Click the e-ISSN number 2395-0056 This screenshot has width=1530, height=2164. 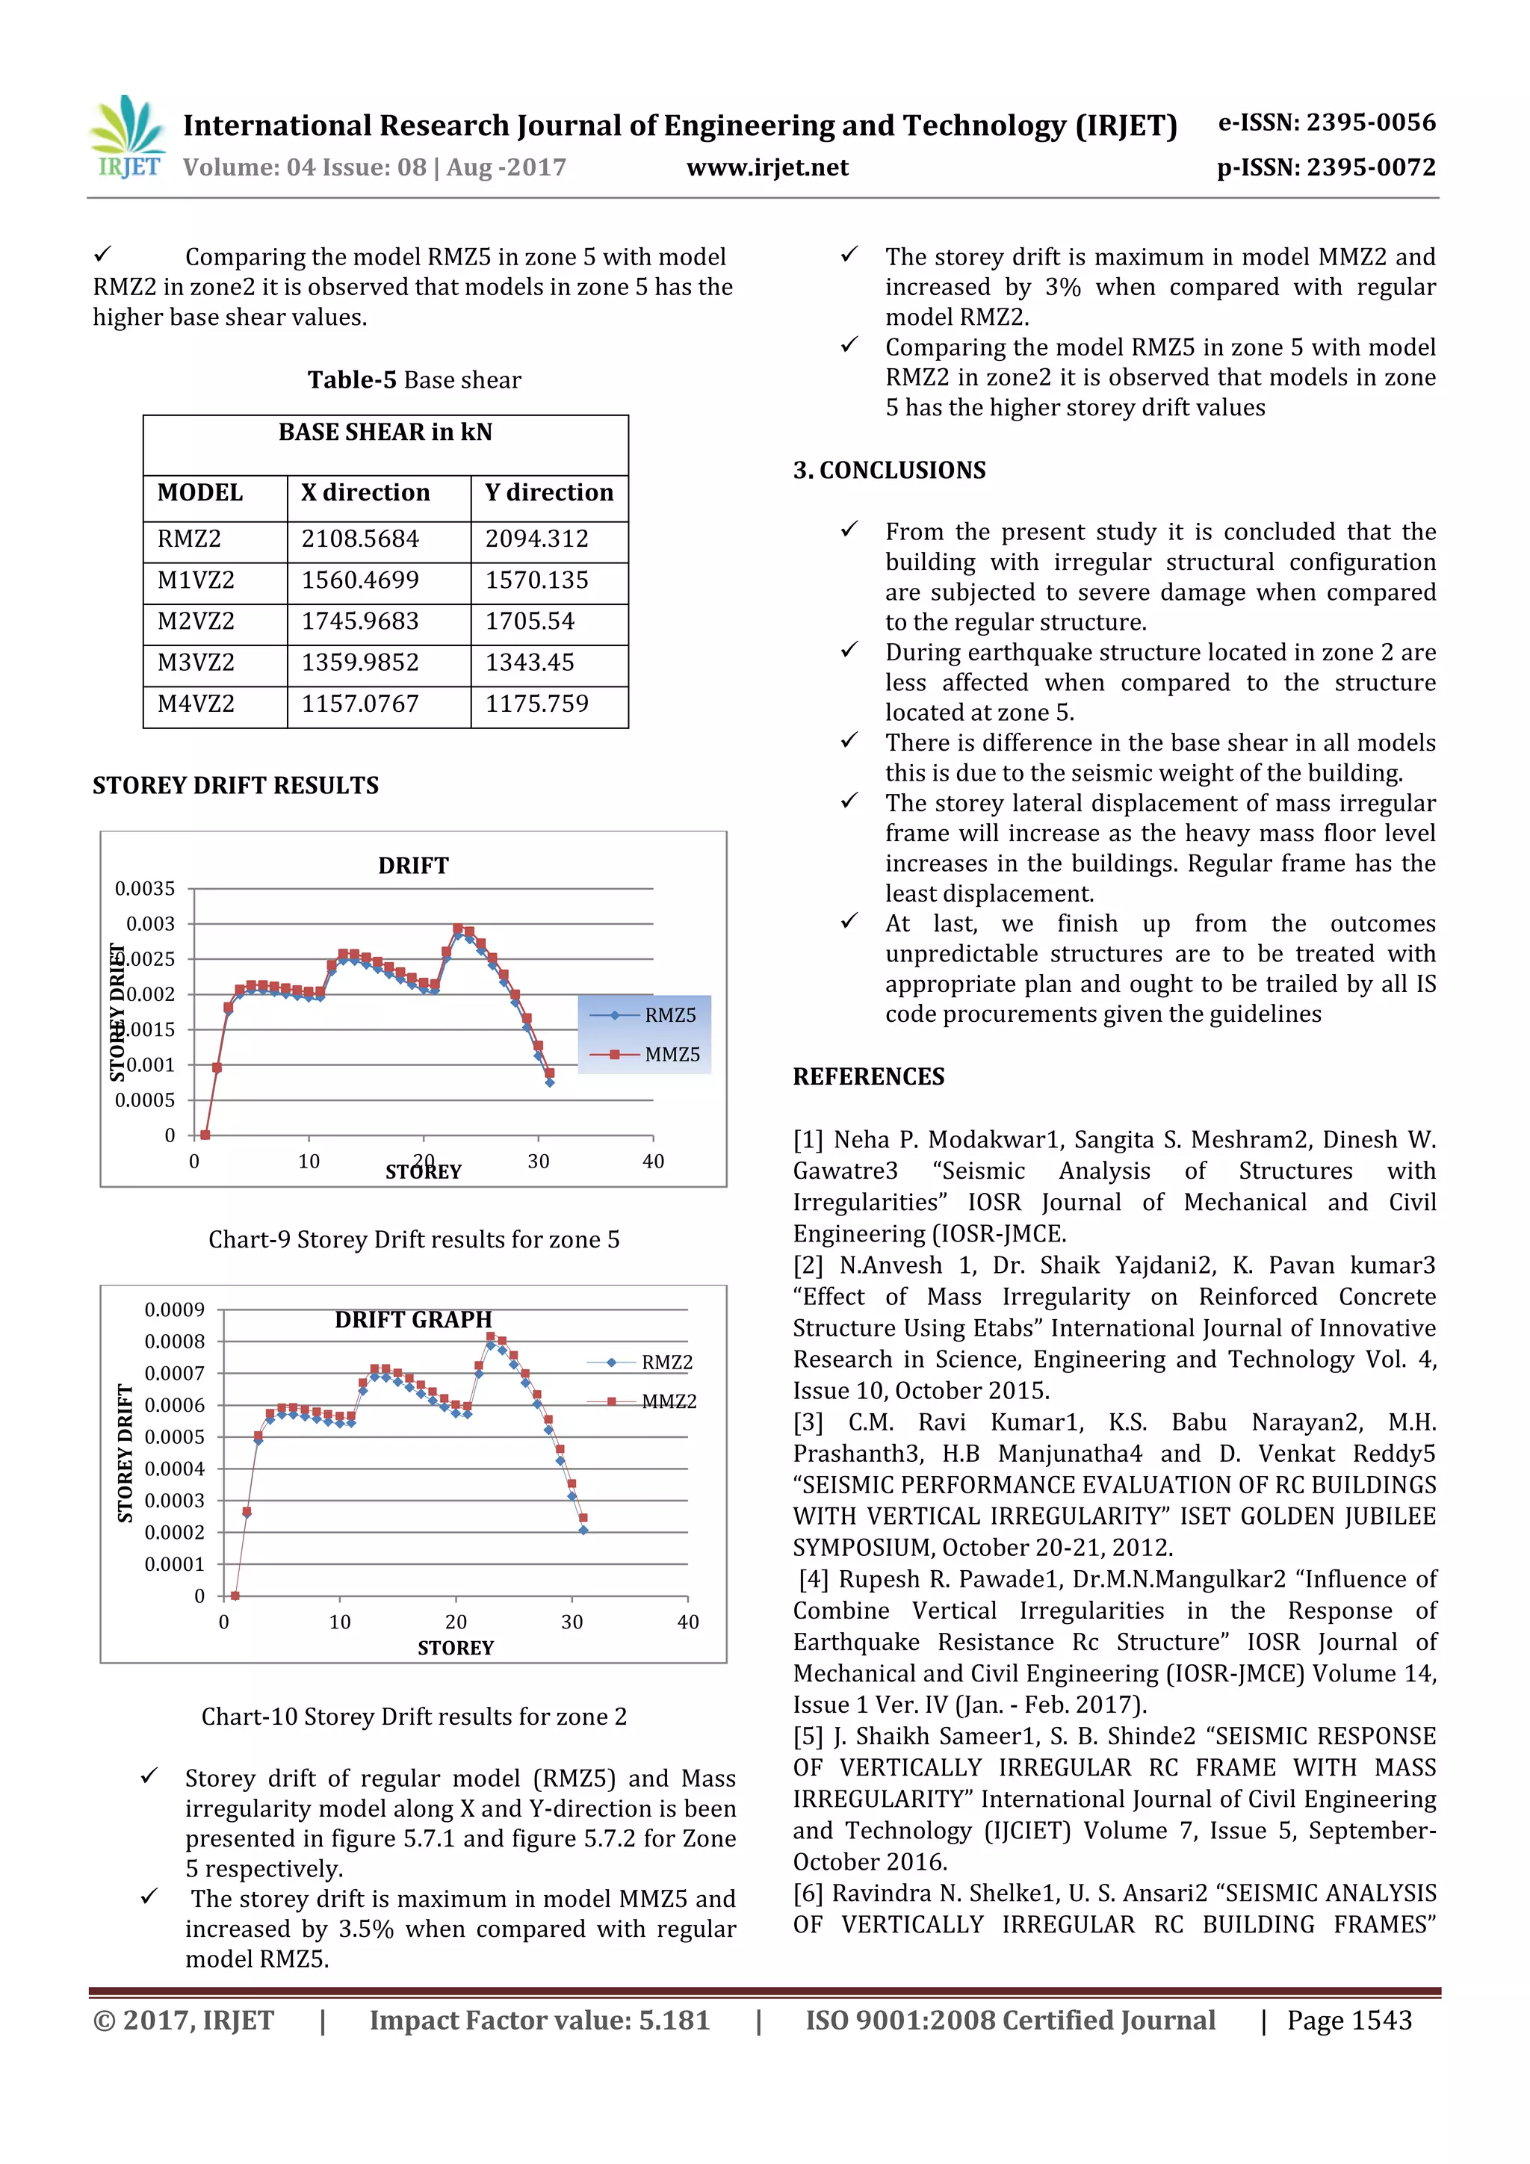pyautogui.click(x=1326, y=123)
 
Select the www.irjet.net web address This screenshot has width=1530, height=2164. pyautogui.click(x=766, y=168)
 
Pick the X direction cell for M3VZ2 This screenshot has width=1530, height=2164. pyautogui.click(x=360, y=663)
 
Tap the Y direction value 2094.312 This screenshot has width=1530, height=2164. pyautogui.click(x=536, y=539)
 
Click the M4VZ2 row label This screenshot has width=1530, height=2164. pyautogui.click(x=196, y=704)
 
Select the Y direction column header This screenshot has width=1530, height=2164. pyautogui.click(x=548, y=493)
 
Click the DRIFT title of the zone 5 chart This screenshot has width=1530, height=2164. pyautogui.click(x=413, y=865)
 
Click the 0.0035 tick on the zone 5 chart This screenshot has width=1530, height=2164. pyautogui.click(x=145, y=889)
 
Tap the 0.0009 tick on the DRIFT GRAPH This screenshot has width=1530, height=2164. pyautogui.click(x=174, y=1310)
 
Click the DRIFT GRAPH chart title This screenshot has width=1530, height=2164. pyautogui.click(x=413, y=1319)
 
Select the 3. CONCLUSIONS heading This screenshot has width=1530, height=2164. pyautogui.click(x=889, y=471)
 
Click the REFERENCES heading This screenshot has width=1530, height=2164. pyautogui.click(x=868, y=1076)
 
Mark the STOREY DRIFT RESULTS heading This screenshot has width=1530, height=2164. pyautogui.click(x=235, y=785)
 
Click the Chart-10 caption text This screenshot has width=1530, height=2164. pyautogui.click(x=414, y=1717)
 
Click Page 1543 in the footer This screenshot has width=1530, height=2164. pyautogui.click(x=1349, y=2021)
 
